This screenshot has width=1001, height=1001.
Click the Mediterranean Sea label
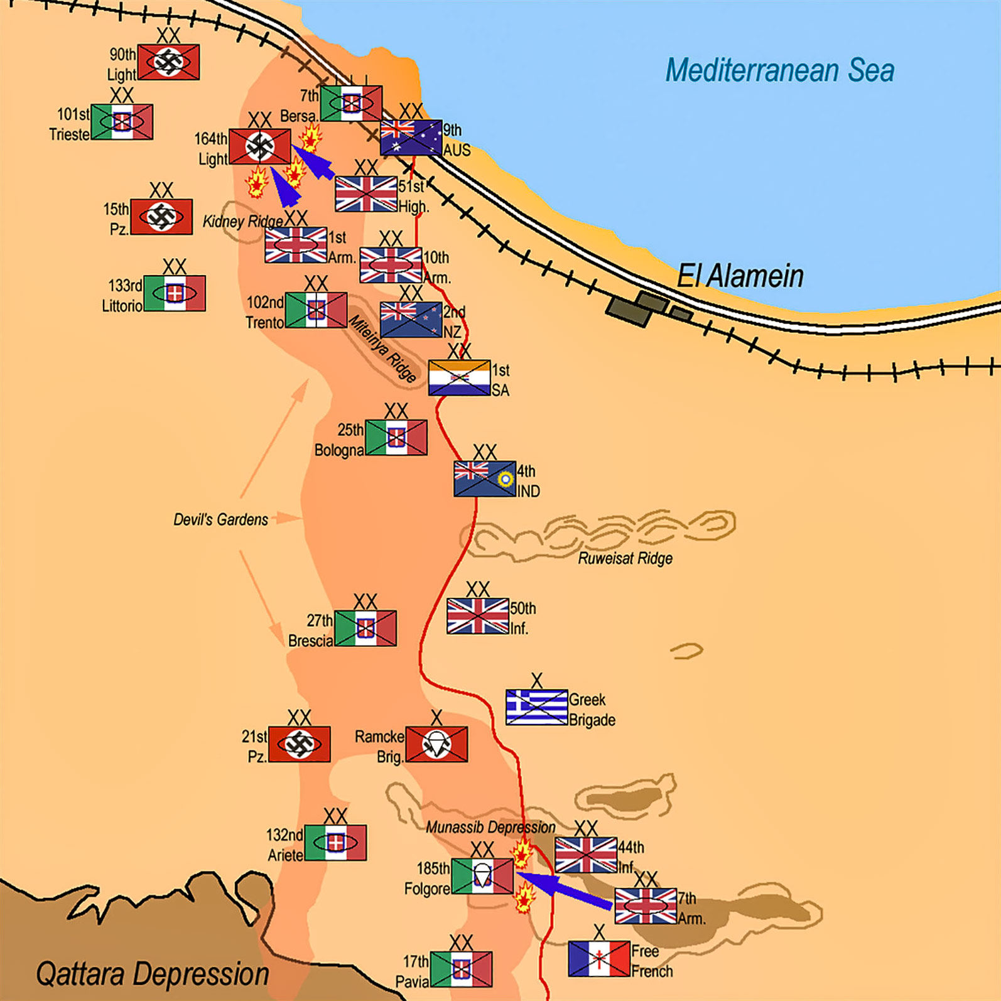coord(780,70)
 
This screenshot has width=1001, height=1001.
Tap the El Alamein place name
coord(740,276)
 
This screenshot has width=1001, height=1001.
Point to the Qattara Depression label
coord(153,975)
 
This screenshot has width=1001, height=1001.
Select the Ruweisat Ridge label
coord(625,558)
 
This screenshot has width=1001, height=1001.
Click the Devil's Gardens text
coord(220,519)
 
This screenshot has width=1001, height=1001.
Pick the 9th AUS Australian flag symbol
coord(411,138)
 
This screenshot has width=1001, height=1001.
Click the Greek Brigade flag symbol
coord(537,707)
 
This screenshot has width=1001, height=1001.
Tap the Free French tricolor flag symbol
coord(599,958)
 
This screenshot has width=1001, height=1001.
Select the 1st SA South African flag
coord(459,377)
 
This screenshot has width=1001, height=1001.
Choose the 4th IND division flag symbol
coord(485,479)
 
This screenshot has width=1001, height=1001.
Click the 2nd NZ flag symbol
coord(411,320)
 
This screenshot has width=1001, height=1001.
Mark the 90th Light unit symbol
coord(169,62)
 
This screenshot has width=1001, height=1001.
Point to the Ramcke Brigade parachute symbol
coord(436,744)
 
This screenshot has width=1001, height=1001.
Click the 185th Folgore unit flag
coord(482,876)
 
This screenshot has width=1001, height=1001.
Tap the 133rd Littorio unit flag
coord(175,293)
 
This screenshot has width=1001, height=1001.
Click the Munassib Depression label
coord(490,827)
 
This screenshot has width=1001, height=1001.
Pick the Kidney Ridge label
coord(242,221)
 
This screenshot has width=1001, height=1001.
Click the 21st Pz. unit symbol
coord(300,744)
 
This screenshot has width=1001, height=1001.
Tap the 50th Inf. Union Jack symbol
coord(478,616)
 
